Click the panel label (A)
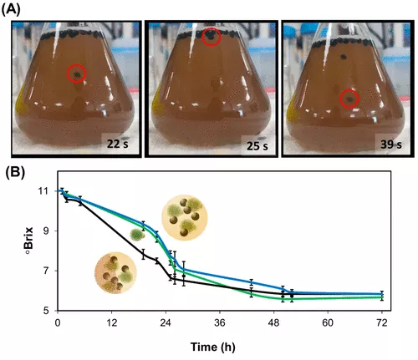(x=11, y=10)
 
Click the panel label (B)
(x=15, y=172)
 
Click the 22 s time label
(x=118, y=144)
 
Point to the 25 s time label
(x=257, y=146)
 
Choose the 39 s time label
(x=391, y=145)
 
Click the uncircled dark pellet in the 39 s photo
(x=344, y=57)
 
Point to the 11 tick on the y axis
(x=52, y=191)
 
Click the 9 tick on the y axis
(x=53, y=231)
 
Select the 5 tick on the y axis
(x=53, y=311)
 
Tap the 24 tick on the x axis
(x=166, y=323)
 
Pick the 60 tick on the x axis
(x=328, y=323)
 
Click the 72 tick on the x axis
(x=382, y=323)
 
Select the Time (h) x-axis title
(x=213, y=347)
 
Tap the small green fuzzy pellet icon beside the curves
(x=137, y=235)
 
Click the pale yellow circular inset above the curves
(x=185, y=217)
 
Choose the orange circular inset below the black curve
(x=115, y=273)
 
